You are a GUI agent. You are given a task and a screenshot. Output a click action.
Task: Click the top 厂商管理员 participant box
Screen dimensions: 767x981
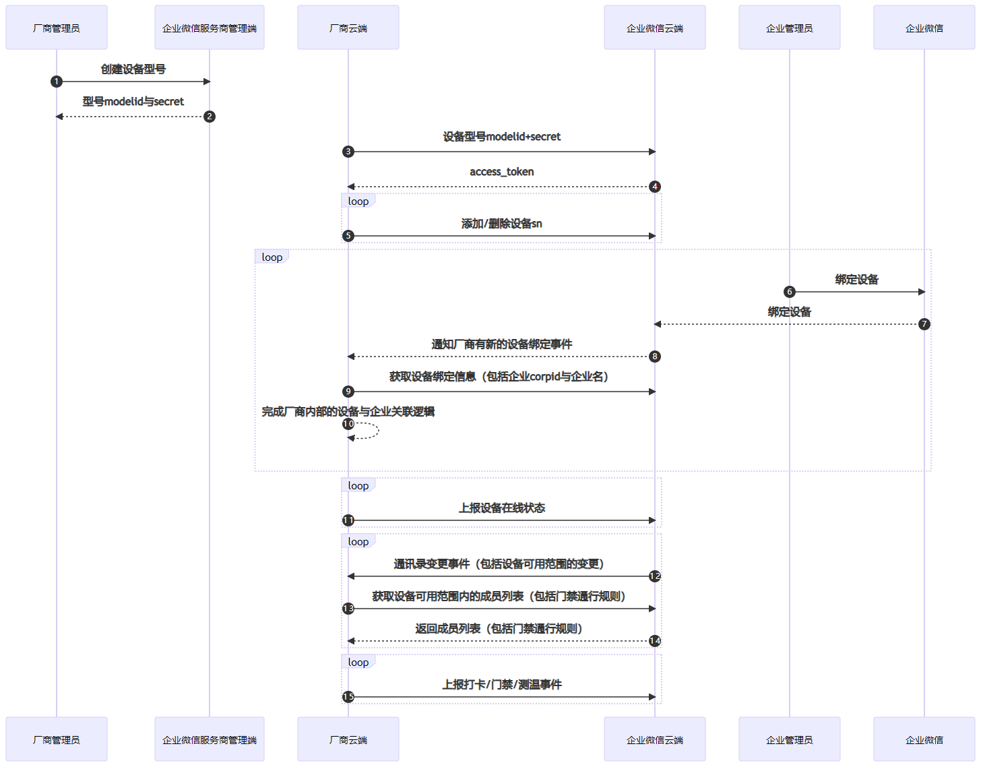57,28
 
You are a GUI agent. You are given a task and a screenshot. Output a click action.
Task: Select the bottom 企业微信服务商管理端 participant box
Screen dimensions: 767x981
209,739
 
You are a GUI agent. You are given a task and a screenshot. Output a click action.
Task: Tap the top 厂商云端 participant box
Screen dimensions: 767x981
348,28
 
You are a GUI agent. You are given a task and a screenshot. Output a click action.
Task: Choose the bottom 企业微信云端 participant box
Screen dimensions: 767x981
654,739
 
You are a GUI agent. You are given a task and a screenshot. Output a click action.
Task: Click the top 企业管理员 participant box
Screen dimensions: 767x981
789,28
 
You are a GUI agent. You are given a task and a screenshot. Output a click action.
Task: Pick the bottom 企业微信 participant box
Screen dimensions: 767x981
924,739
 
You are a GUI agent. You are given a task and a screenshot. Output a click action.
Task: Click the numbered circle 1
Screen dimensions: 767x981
57,82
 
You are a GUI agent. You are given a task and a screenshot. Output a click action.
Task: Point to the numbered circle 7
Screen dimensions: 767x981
924,324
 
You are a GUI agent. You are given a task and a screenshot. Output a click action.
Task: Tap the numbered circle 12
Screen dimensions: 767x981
654,576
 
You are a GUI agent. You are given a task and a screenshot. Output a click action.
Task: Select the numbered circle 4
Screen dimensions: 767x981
654,187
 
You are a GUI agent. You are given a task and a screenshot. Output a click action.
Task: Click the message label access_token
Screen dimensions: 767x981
501,172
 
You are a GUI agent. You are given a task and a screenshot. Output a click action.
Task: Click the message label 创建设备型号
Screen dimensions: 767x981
133,69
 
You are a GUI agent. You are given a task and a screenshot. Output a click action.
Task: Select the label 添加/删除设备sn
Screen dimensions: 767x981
501,224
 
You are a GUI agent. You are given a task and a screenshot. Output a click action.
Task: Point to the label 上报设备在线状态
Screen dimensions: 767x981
501,508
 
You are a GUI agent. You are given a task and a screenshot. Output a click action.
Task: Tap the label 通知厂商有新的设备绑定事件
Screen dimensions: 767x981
501,344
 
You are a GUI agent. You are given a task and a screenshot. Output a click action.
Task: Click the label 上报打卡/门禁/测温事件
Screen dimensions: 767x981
501,685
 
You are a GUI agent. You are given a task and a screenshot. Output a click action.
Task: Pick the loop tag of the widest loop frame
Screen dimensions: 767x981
272,257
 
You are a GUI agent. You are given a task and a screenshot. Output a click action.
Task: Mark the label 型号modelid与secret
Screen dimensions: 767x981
133,102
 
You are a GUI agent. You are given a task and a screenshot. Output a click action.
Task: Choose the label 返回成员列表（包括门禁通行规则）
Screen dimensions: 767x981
499,629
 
